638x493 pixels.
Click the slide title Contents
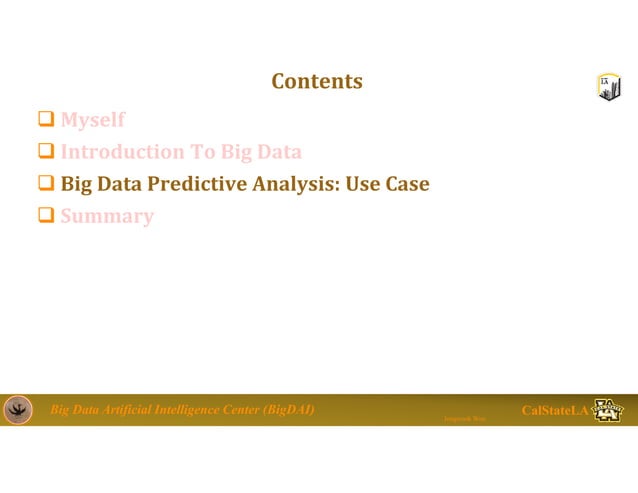tap(316, 81)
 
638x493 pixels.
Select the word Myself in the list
tap(93, 120)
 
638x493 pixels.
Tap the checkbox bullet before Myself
tap(45, 121)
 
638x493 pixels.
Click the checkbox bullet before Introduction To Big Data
tap(45, 153)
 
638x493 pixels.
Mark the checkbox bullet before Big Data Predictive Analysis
tap(45, 185)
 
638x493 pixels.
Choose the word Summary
tap(107, 216)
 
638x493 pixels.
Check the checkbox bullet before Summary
tap(45, 217)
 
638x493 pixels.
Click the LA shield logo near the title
tap(609, 87)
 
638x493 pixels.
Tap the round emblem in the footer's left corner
tap(18, 410)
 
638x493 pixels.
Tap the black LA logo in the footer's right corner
tap(608, 410)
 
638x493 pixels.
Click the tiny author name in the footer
tap(464, 418)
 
